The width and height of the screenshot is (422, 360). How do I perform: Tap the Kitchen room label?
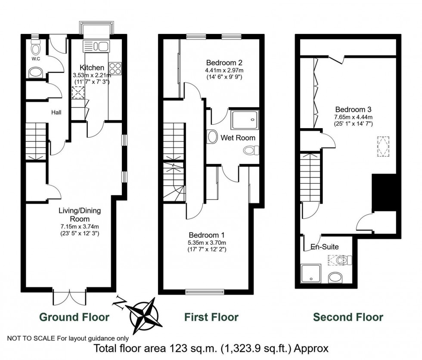tap(92, 68)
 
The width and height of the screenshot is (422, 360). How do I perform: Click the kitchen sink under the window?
tap(97, 46)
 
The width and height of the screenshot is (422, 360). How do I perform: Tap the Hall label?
tap(56, 112)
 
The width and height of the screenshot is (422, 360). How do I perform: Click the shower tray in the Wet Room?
tap(245, 120)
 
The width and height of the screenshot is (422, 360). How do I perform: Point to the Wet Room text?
tap(238, 138)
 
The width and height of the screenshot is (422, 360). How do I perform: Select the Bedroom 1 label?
tap(206, 235)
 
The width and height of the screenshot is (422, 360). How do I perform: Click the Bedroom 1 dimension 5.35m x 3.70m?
tap(206, 243)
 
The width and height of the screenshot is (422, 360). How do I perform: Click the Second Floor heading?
tap(348, 317)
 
